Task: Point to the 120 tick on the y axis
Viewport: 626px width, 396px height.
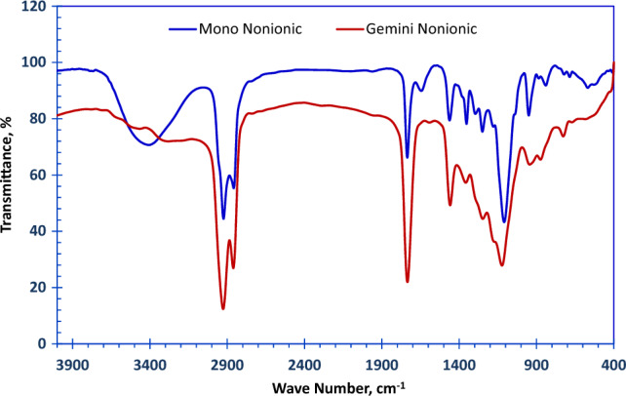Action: coord(39,6)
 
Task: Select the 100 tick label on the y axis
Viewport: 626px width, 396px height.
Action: coord(39,62)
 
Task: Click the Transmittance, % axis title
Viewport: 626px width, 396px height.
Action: coord(9,176)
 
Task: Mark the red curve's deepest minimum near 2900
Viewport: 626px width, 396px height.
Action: coord(223,309)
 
